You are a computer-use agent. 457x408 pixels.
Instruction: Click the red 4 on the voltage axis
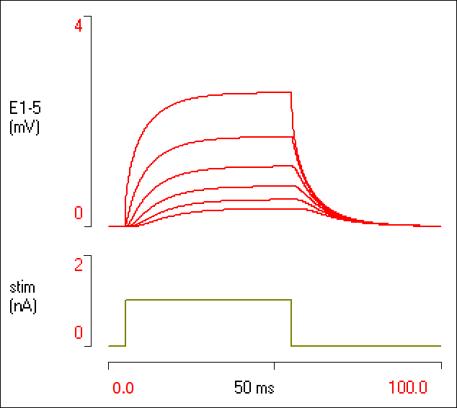pos(79,25)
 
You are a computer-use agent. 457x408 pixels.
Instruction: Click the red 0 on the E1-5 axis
pos(79,214)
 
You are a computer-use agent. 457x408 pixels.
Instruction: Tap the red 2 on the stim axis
pos(79,264)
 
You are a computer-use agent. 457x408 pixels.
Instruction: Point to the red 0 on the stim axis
pos(79,332)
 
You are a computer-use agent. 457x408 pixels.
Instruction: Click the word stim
pos(22,288)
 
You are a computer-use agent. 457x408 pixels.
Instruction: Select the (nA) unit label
pos(24,306)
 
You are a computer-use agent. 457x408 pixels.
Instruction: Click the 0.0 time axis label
pos(123,388)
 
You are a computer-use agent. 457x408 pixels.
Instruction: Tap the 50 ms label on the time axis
pos(254,388)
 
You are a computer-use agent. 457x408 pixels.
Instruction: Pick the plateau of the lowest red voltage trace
pos(238,209)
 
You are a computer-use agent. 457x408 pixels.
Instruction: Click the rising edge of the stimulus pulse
pos(125,323)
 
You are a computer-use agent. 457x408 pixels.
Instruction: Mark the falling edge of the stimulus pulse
pos(291,323)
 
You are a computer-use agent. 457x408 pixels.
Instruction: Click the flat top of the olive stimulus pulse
pos(209,299)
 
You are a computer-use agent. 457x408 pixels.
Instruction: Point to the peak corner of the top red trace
pos(290,92)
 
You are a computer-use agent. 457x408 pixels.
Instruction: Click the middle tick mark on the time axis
pos(274,366)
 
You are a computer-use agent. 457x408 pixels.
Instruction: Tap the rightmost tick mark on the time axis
pos(440,366)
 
